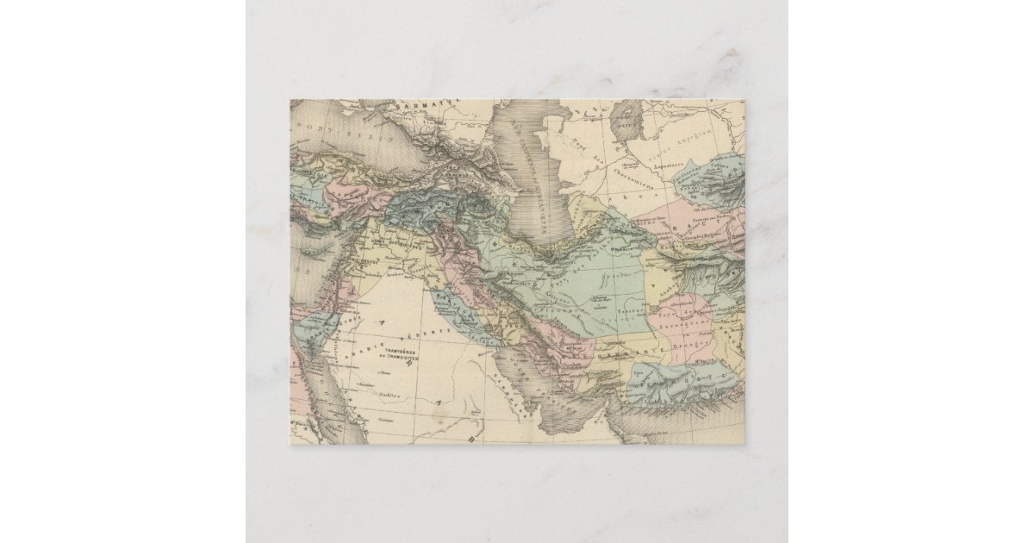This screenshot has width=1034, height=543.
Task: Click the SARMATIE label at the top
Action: (x=414, y=109)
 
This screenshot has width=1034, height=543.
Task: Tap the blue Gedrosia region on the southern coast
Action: (x=681, y=379)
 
